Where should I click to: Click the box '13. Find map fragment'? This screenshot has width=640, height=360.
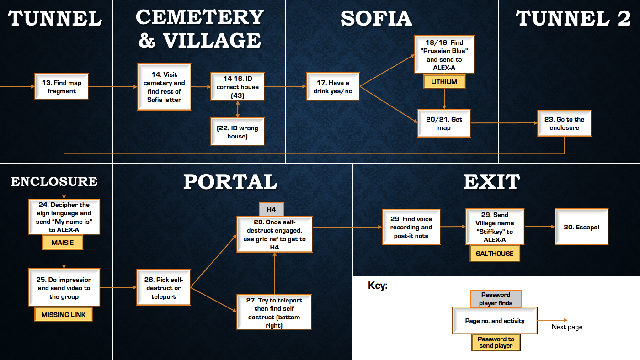click(x=61, y=87)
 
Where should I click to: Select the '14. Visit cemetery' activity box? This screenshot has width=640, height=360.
click(x=164, y=87)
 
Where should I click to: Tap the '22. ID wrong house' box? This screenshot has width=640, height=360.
click(x=237, y=132)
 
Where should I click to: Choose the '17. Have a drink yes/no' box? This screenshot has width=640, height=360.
click(x=333, y=87)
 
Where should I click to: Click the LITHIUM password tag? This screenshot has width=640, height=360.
click(x=444, y=82)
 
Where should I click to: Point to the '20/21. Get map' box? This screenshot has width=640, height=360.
click(x=444, y=123)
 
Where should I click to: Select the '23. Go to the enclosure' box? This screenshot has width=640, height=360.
click(x=564, y=123)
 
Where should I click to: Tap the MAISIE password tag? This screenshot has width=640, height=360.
click(x=63, y=243)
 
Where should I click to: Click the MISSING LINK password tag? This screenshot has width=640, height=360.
click(x=64, y=315)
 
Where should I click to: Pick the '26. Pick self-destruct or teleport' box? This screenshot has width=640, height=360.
click(x=163, y=288)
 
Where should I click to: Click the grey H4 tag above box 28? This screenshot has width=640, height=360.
click(x=271, y=210)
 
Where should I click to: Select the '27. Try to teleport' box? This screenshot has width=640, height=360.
click(x=274, y=312)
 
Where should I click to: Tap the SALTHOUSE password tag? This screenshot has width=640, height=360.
click(x=495, y=254)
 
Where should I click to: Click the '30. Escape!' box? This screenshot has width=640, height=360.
click(x=581, y=227)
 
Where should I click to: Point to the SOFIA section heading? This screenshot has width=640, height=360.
click(x=376, y=19)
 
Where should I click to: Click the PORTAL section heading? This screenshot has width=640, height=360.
click(x=230, y=182)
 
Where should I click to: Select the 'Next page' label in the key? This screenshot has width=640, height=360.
click(x=567, y=327)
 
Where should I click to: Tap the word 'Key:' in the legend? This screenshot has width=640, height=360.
click(x=378, y=286)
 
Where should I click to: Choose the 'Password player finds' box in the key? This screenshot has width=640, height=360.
click(x=496, y=299)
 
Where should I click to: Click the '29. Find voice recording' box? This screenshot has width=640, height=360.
click(x=411, y=227)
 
